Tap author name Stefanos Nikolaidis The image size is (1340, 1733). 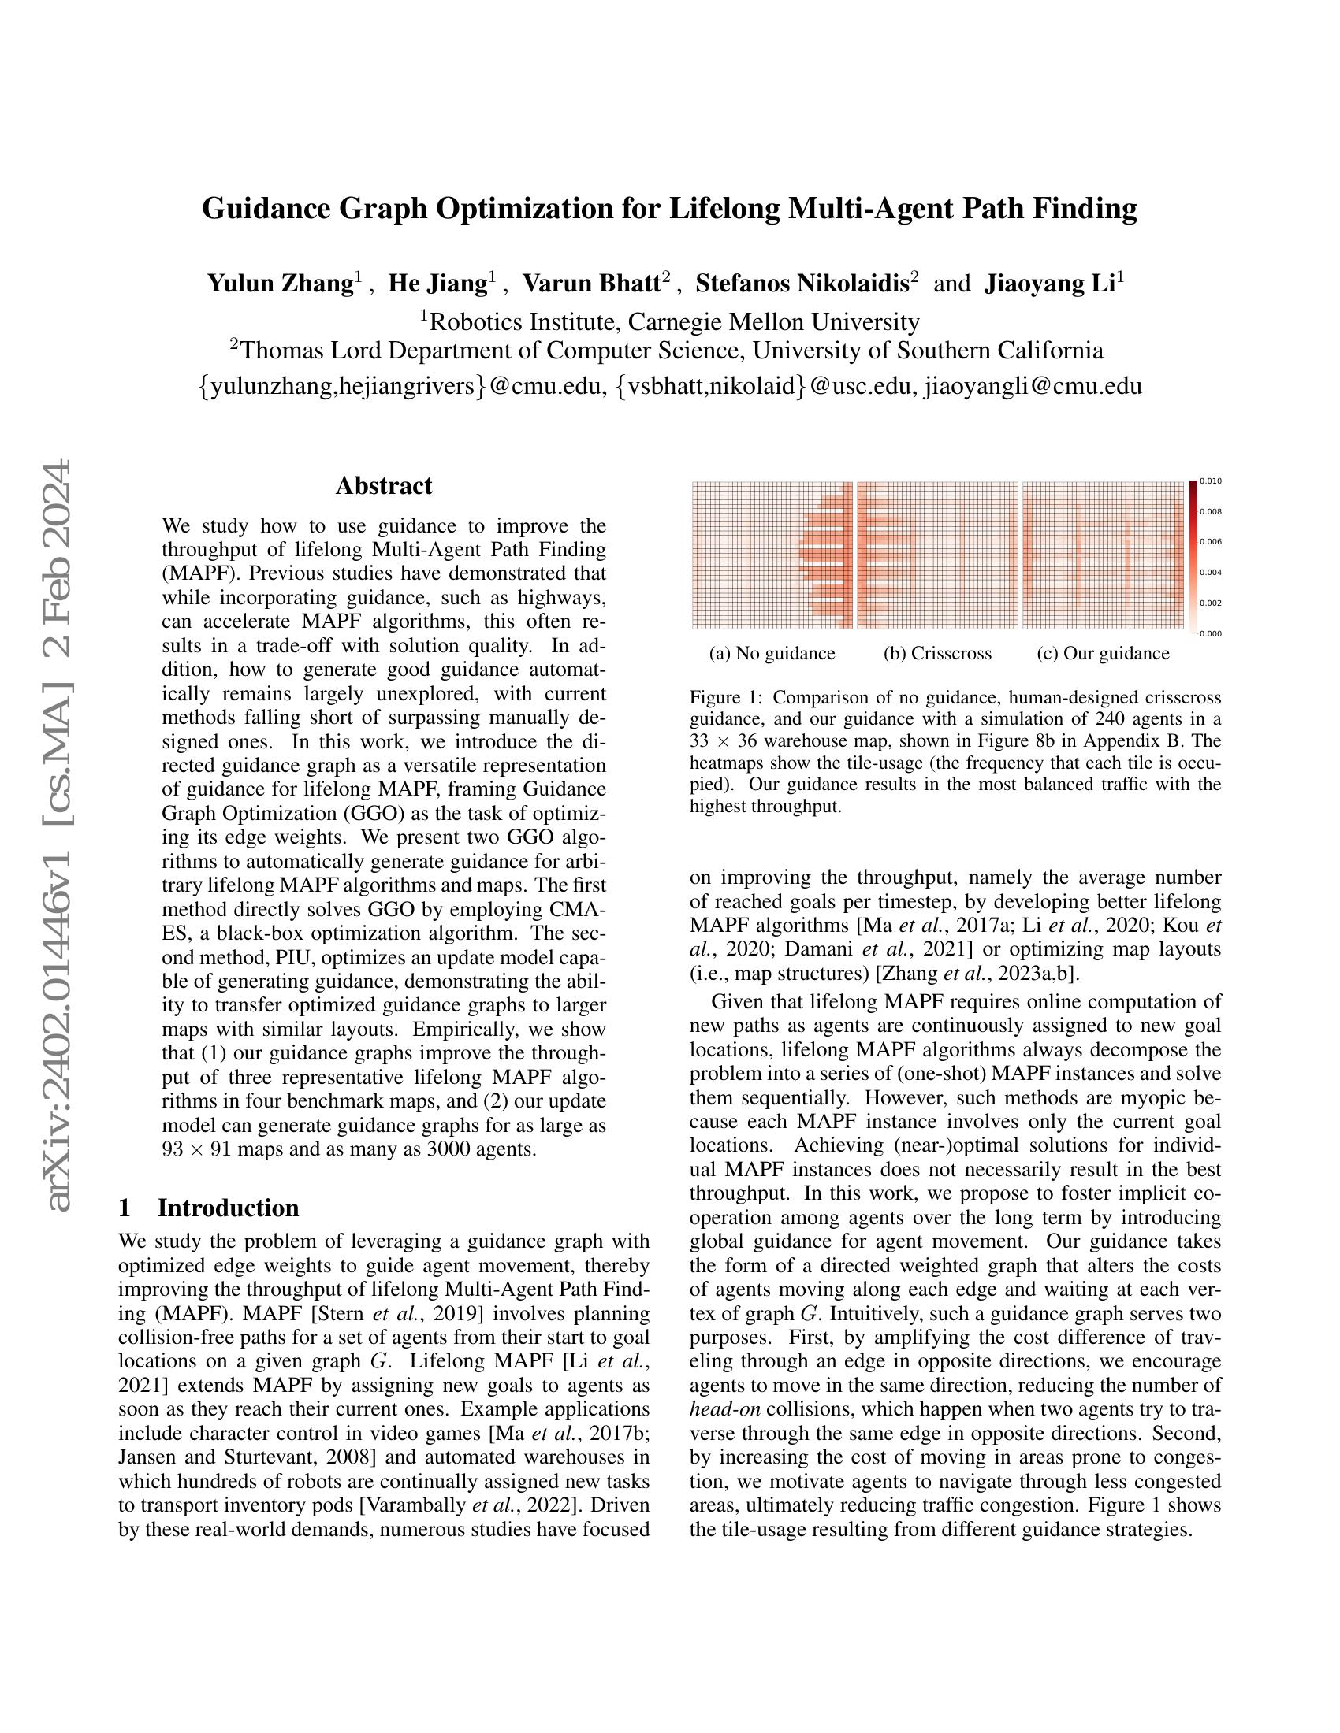802,284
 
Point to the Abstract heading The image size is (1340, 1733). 383,485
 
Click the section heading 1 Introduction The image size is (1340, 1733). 209,1208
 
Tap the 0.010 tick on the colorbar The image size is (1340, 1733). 1211,481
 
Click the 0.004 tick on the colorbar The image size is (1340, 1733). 1211,572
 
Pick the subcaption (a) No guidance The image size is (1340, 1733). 772,653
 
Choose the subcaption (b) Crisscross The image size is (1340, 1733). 936,653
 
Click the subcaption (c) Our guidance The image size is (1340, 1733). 1103,653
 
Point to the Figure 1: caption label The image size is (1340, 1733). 727,697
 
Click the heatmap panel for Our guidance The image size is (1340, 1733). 1102,555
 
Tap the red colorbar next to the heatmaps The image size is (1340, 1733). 1193,555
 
